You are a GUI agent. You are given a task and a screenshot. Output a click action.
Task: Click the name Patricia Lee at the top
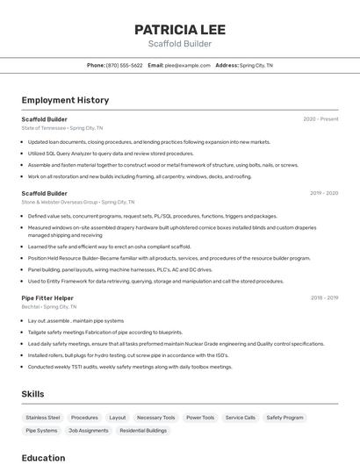click(179, 29)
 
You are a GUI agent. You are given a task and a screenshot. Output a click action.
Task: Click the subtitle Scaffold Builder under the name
click(179, 44)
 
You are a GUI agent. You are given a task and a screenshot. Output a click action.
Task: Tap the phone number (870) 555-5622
click(124, 65)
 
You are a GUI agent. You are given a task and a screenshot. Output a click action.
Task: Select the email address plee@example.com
click(187, 65)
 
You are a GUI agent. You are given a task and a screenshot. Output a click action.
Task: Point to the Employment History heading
click(65, 100)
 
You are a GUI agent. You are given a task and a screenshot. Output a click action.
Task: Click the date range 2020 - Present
click(320, 118)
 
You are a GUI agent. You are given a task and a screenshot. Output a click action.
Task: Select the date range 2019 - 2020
click(324, 193)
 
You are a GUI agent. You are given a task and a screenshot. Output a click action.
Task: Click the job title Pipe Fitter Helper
click(47, 298)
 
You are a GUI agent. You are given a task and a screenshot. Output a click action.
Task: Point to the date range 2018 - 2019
click(324, 298)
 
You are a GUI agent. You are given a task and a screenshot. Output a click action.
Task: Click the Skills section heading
click(32, 394)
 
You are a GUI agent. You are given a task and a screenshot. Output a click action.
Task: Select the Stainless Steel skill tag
click(43, 418)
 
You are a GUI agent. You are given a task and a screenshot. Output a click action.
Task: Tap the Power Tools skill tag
click(200, 418)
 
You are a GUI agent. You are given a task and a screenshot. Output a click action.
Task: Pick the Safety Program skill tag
click(284, 418)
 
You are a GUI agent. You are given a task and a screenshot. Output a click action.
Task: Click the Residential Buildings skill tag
click(143, 431)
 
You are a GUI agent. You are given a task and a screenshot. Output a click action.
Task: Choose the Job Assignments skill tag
click(88, 431)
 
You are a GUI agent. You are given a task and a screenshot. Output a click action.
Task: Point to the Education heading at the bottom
click(43, 457)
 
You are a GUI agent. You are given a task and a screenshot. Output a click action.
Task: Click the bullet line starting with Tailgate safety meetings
click(104, 333)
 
